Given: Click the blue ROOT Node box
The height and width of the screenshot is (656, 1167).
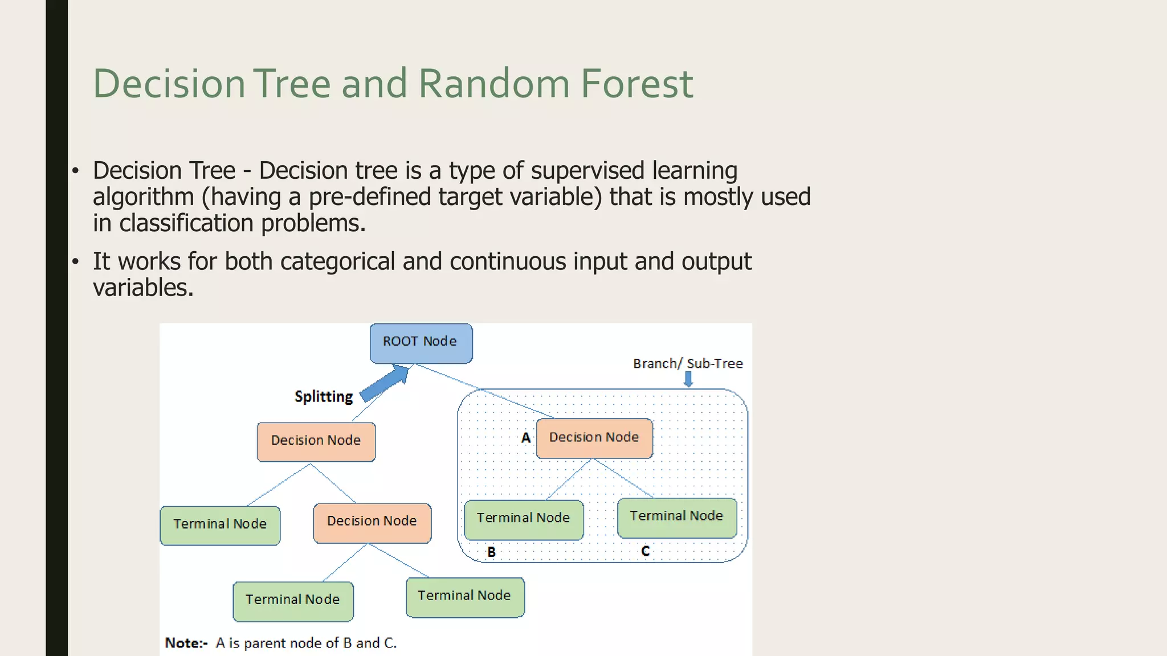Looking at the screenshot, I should (x=421, y=343).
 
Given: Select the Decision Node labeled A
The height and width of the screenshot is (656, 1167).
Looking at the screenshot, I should (x=594, y=438).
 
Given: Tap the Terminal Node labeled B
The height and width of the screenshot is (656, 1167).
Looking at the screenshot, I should (x=524, y=519).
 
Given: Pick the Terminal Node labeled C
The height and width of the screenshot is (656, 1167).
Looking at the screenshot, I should (x=677, y=517).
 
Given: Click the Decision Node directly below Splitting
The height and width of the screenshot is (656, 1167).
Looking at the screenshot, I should (x=316, y=441).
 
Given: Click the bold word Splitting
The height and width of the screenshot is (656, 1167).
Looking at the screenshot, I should (x=324, y=396).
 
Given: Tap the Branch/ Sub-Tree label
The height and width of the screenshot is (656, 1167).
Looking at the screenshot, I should (x=688, y=363).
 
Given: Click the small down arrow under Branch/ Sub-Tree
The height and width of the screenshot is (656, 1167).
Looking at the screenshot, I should (x=688, y=379).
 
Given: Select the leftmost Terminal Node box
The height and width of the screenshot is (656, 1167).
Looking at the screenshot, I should (x=220, y=525).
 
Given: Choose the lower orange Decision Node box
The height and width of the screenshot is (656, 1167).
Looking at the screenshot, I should (x=372, y=522).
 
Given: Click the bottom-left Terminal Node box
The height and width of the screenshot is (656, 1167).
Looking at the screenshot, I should (x=293, y=601).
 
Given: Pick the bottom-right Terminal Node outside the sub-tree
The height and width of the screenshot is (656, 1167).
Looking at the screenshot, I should (x=465, y=597).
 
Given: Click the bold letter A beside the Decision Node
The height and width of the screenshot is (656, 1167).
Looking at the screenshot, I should (x=526, y=438).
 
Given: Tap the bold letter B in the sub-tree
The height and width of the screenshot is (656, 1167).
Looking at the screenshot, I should (x=491, y=552).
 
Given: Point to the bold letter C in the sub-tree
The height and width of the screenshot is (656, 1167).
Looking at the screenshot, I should (x=645, y=551).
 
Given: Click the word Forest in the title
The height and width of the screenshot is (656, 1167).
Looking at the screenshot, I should (x=636, y=84).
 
